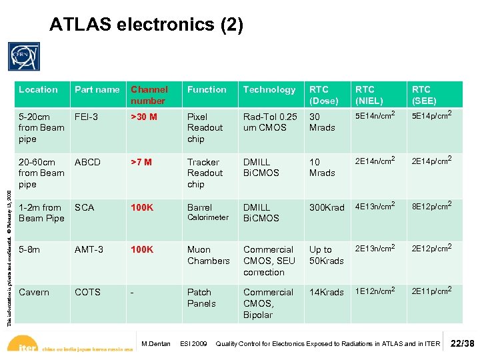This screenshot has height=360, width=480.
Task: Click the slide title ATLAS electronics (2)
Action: pyautogui.click(x=147, y=25)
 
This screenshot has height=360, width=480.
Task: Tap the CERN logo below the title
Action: pyautogui.click(x=24, y=56)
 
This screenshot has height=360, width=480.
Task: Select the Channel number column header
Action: pyautogui.click(x=149, y=95)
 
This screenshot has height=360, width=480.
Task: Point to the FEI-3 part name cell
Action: pyautogui.click(x=86, y=117)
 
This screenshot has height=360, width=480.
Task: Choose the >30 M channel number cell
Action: pyautogui.click(x=144, y=117)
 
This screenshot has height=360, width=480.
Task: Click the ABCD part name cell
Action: pyautogui.click(x=87, y=162)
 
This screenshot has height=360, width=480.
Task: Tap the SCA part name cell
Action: pyautogui.click(x=84, y=207)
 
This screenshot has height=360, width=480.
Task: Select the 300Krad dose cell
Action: pyautogui.click(x=327, y=207)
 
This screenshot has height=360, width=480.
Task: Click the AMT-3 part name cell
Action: pyautogui.click(x=89, y=249)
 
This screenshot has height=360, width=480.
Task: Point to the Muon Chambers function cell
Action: pyautogui.click(x=208, y=255)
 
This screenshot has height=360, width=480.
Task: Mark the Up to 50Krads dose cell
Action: pyautogui.click(x=326, y=255)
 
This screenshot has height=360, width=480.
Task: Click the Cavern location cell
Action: pyautogui.click(x=33, y=292)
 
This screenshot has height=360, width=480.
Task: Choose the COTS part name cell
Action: pyautogui.click(x=87, y=292)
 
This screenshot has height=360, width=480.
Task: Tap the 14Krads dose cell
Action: pyautogui.click(x=326, y=292)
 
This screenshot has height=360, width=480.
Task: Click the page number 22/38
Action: pyautogui.click(x=463, y=343)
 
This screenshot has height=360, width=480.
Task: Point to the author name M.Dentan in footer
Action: pyautogui.click(x=157, y=344)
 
